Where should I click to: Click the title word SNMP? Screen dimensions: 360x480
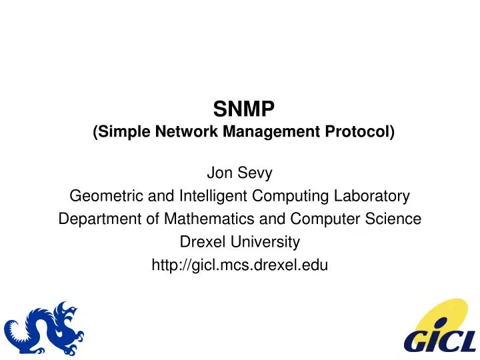(239, 108)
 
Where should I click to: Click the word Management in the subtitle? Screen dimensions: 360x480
(283, 131)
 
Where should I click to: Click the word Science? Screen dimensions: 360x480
(397, 219)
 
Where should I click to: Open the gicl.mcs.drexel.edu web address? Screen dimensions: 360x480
(240, 264)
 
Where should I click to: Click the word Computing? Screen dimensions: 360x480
(287, 197)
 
